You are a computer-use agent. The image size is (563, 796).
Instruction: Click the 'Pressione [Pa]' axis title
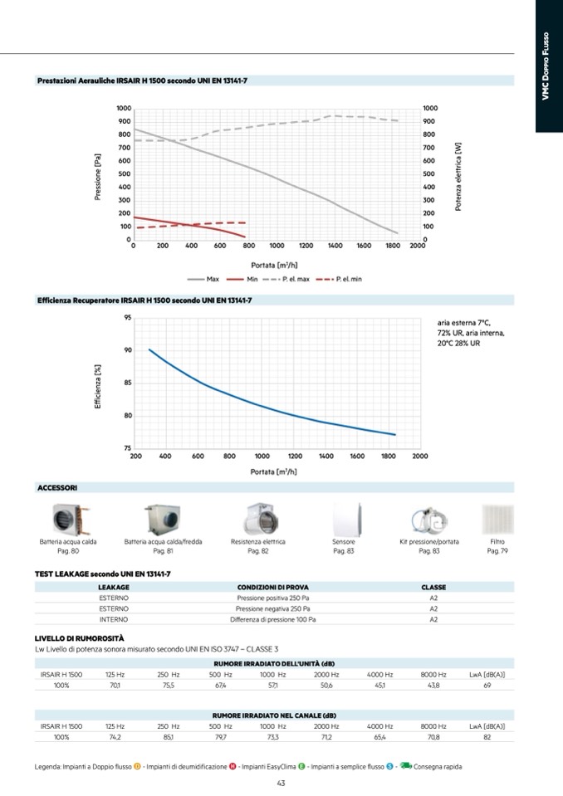97,174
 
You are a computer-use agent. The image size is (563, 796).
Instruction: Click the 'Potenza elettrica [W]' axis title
458,175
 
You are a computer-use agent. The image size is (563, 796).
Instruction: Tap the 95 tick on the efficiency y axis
126,317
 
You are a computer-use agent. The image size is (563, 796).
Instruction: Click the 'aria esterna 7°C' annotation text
463,323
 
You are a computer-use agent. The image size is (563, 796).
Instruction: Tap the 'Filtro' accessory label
497,542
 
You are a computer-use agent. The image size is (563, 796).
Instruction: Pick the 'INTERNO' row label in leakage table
113,619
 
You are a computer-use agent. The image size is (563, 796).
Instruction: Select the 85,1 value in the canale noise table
168,736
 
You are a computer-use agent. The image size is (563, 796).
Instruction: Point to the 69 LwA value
487,686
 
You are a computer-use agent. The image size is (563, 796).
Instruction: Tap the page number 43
281,782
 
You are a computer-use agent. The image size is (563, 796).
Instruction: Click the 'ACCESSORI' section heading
57,488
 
